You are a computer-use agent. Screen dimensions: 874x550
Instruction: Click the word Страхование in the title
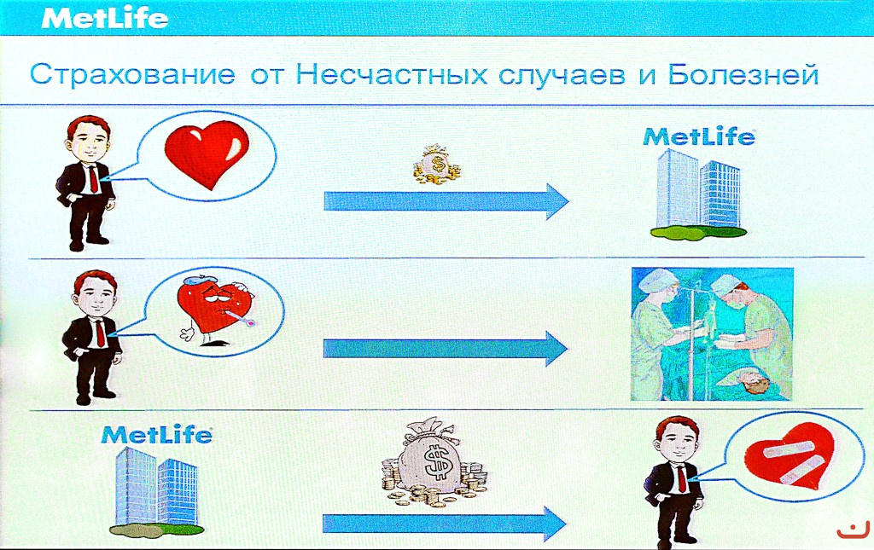[132, 74]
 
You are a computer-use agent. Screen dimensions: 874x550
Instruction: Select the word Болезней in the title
[744, 74]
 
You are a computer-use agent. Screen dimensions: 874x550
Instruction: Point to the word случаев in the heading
[562, 76]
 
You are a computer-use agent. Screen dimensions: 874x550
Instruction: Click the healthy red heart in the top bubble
[207, 155]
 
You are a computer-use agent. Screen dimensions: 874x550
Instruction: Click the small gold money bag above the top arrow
[437, 165]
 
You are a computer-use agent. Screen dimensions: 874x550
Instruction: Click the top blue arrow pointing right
[446, 201]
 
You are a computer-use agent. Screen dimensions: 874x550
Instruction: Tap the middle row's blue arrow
[446, 349]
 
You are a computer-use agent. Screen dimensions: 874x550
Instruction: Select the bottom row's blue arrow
[444, 524]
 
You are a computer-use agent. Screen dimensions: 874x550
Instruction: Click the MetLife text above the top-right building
[700, 137]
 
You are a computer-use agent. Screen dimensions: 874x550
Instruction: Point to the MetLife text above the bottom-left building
[157, 435]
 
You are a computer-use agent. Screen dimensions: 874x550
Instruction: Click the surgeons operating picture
[713, 334]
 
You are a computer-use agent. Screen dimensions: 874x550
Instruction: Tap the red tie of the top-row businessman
[93, 179]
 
